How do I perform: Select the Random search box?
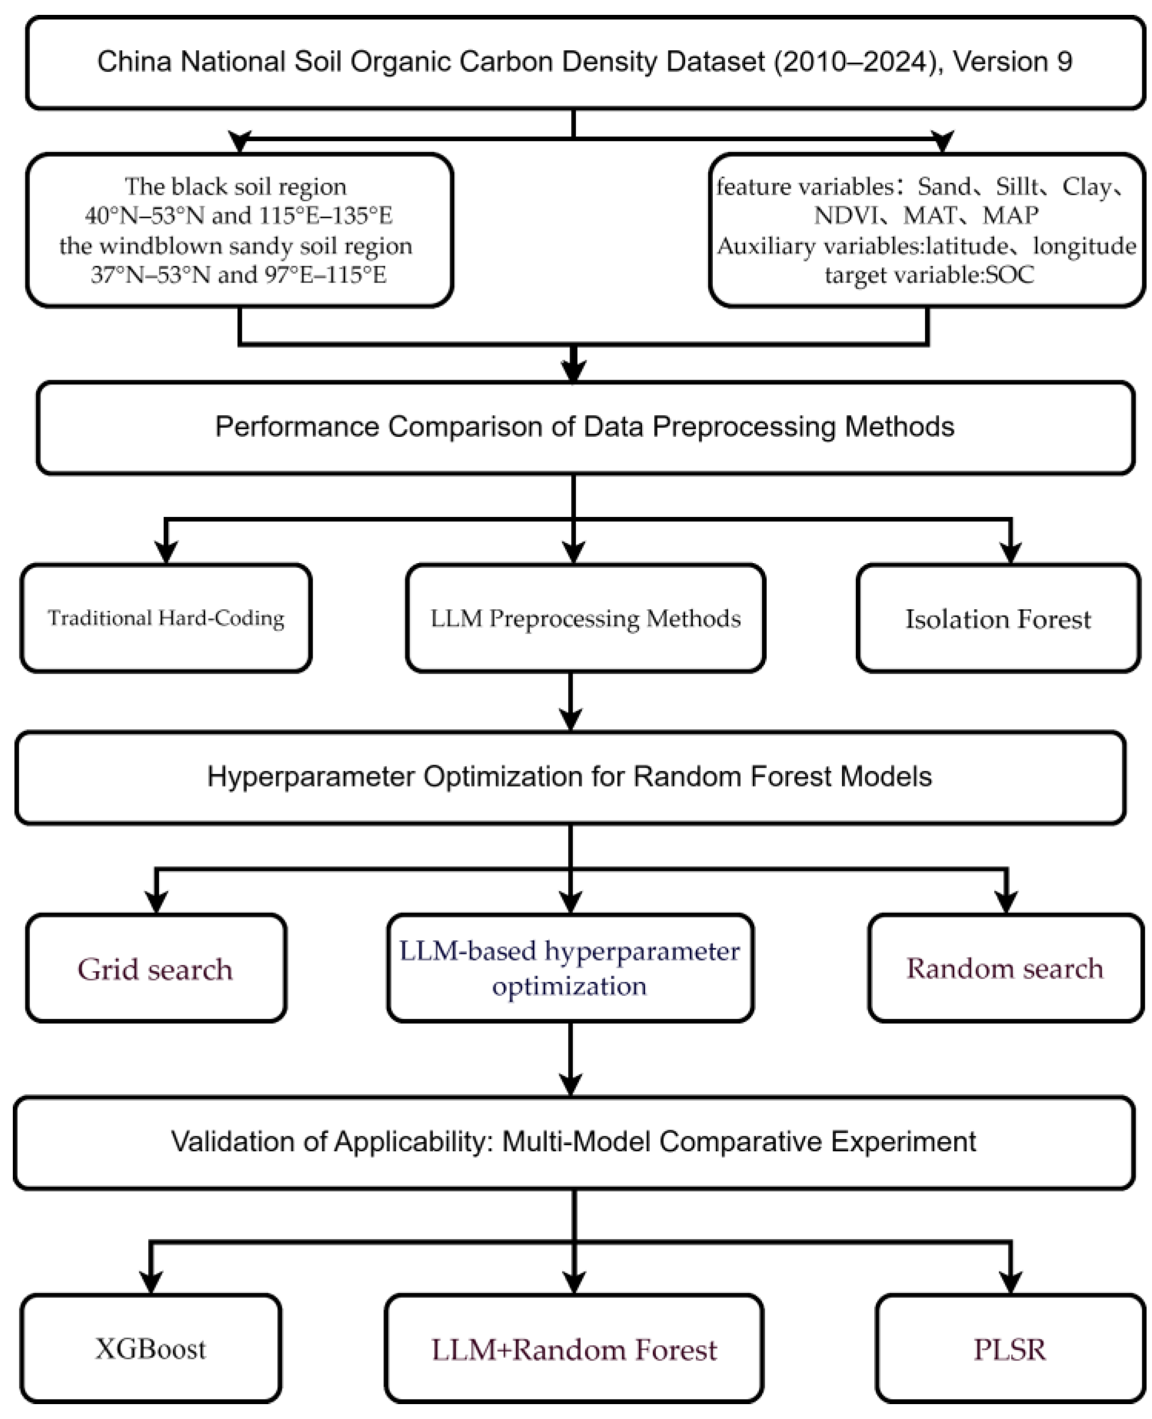click(x=1005, y=968)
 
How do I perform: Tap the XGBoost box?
click(x=151, y=1349)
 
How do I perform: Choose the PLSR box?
click(x=1010, y=1349)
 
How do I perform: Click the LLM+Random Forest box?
click(x=574, y=1349)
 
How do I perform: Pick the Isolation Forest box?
click(x=998, y=618)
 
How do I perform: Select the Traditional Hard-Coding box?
click(x=166, y=618)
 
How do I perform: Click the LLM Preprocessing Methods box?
click(x=585, y=618)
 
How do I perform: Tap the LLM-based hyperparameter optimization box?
click(x=570, y=968)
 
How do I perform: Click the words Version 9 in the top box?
click(x=1013, y=61)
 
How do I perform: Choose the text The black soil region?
click(x=236, y=186)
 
